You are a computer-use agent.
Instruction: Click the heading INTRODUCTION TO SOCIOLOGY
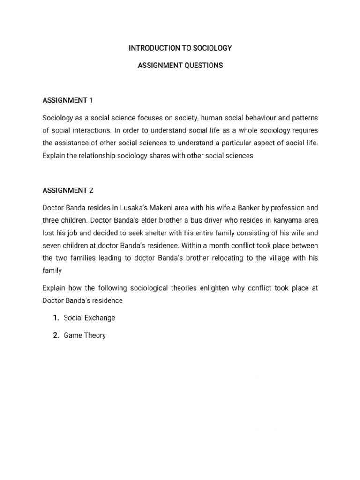point(180,48)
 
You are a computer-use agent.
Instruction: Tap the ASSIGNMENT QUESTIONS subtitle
point(180,66)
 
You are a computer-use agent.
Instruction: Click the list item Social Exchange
point(89,318)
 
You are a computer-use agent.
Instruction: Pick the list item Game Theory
point(84,335)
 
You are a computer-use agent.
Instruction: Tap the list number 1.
point(55,318)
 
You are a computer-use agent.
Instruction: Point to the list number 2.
point(55,335)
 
